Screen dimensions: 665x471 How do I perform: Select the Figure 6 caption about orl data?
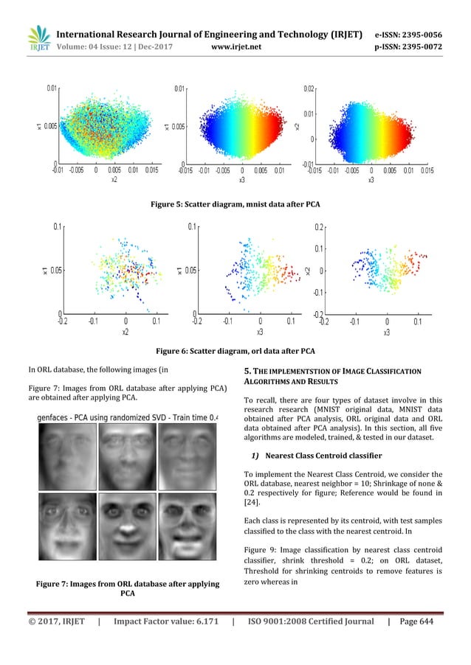(x=235, y=350)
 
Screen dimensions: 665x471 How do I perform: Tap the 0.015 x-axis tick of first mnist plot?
(x=152, y=170)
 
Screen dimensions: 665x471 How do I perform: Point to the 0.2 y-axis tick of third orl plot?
(x=317, y=227)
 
